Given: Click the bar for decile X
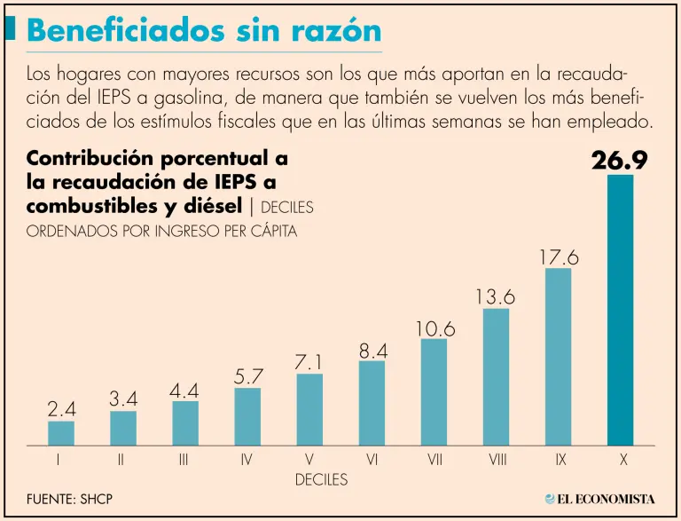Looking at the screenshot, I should pyautogui.click(x=620, y=310).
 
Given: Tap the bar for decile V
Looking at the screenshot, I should pyautogui.click(x=309, y=409).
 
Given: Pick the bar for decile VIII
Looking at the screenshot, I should pyautogui.click(x=496, y=376).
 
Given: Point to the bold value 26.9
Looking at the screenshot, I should pyautogui.click(x=620, y=161).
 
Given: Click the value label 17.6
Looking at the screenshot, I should pyautogui.click(x=558, y=257).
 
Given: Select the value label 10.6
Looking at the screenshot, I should pyautogui.click(x=434, y=328).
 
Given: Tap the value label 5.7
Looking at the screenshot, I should pyautogui.click(x=247, y=376).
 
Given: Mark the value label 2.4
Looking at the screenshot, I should pyautogui.click(x=61, y=409).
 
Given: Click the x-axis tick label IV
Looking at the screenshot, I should pyautogui.click(x=247, y=461).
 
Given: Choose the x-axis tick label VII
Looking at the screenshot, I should pyautogui.click(x=434, y=461).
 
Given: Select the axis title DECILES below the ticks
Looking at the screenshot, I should pyautogui.click(x=321, y=480).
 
